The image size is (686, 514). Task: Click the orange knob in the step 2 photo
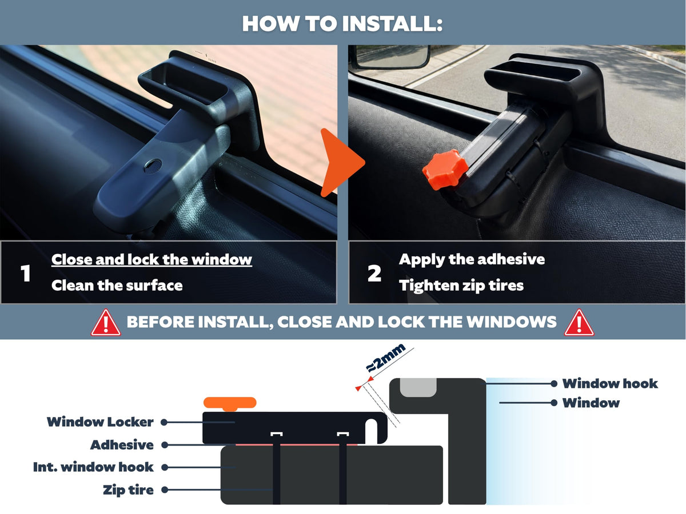click(445, 169)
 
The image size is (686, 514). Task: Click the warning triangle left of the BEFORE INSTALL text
click(106, 323)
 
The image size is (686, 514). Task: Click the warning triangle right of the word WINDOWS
click(579, 323)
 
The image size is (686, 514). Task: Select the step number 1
click(25, 274)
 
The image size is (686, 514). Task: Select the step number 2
click(374, 274)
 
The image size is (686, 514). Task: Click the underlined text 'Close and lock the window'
click(151, 259)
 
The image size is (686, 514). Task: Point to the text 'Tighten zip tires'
click(461, 286)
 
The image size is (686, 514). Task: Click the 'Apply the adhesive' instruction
click(472, 260)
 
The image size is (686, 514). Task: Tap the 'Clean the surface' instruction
click(117, 285)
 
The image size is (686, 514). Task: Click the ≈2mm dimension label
click(386, 358)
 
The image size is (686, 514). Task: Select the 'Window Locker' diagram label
click(100, 422)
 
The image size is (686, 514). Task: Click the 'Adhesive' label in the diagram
click(122, 445)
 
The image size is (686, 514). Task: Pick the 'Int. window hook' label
click(93, 467)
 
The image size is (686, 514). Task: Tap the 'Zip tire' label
click(128, 490)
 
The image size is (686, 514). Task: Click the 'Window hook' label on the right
click(610, 384)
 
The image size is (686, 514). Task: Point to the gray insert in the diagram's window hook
click(418, 387)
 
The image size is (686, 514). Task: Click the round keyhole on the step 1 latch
click(153, 166)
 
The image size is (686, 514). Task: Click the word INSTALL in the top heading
click(393, 24)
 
